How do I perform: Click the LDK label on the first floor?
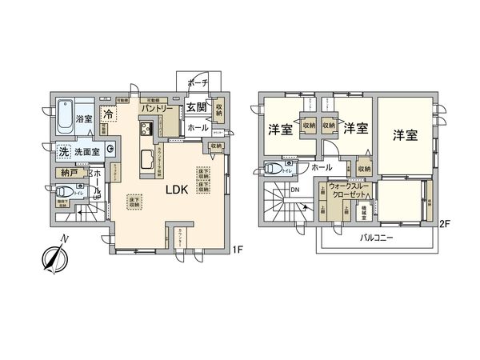point(177,190)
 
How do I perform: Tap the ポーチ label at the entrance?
point(198,83)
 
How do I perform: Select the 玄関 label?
point(197,108)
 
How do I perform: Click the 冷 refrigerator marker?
point(106,114)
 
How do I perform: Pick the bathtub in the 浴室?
point(66,117)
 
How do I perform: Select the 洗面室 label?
point(87,152)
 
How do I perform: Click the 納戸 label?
point(69,172)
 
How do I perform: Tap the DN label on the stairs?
point(295,190)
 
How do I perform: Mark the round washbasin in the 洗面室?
point(110,150)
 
